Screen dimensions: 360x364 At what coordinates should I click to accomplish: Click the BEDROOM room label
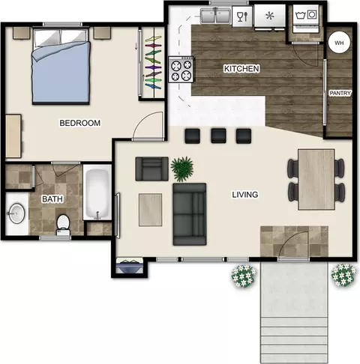80,123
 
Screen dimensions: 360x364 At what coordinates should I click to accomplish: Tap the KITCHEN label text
241,68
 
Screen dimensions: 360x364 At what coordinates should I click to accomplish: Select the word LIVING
245,195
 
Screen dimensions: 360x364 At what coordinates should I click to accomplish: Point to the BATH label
52,199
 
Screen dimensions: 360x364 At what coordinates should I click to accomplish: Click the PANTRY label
340,93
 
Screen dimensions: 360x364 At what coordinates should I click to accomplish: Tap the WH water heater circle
339,43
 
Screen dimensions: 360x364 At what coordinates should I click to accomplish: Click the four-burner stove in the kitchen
181,69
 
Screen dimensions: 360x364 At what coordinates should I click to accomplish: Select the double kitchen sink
215,16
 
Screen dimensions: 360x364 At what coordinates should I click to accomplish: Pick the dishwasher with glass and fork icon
242,16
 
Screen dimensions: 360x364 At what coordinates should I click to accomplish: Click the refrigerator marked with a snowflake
270,16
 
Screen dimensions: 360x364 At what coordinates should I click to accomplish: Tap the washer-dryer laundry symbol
306,19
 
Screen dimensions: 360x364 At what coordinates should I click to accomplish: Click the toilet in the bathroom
63,225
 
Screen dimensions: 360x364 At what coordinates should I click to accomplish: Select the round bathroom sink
17,213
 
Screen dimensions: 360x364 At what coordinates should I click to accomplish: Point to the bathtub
97,192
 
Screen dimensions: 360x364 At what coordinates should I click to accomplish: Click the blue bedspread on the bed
61,73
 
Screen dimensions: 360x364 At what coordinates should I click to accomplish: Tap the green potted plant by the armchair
182,169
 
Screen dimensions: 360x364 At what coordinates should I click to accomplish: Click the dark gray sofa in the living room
190,214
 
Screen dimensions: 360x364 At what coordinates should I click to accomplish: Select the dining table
316,180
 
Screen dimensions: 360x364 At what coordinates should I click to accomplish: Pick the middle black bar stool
218,136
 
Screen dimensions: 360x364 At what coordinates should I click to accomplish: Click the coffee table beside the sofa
150,210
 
